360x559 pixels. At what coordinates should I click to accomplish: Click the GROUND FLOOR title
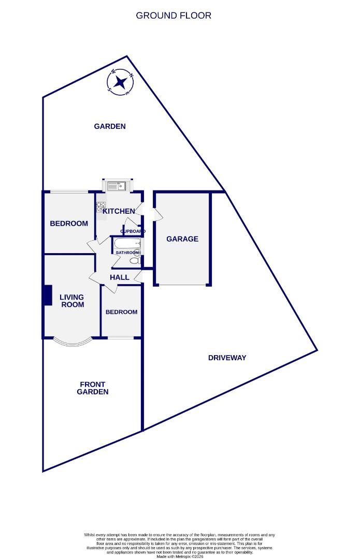pos(174,16)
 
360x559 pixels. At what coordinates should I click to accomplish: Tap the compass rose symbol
pos(121,82)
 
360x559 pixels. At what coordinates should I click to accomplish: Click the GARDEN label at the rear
pos(110,126)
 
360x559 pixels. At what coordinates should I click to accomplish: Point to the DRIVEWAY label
pos(227,358)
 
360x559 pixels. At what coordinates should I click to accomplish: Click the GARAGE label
pos(182,239)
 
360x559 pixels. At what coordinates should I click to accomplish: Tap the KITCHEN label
pos(119,211)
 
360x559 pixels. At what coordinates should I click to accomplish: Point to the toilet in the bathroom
pos(136,261)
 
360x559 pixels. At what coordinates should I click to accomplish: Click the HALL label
pos(120,277)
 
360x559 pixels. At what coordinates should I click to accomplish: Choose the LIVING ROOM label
pos(71,301)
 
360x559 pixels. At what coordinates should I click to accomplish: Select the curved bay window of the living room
pos(72,343)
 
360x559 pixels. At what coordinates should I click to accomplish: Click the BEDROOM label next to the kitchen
pos(69,224)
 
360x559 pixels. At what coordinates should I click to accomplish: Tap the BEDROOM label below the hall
pos(121,312)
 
